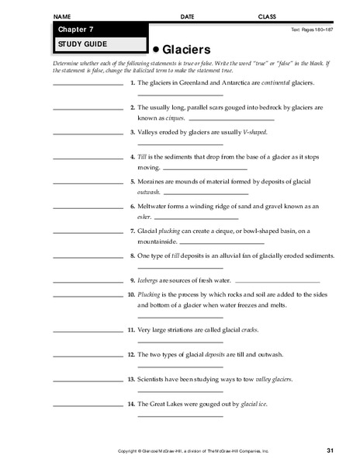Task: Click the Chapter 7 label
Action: pyautogui.click(x=74, y=30)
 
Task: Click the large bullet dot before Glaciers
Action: pyautogui.click(x=156, y=48)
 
